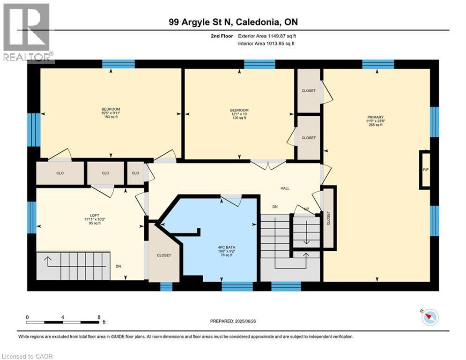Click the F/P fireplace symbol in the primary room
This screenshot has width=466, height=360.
tap(425, 170)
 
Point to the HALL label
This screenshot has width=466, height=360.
tap(285, 188)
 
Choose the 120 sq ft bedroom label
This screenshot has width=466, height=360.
tap(239, 114)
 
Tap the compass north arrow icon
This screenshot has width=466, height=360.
tap(429, 317)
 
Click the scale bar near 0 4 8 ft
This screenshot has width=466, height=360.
tap(63, 322)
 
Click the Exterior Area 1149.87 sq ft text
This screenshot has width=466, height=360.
tap(267, 36)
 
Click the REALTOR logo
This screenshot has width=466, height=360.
tap(27, 33)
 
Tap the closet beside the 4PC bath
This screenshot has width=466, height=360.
tap(164, 255)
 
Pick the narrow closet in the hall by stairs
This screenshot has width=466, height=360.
tap(328, 217)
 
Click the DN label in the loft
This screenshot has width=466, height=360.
tap(118, 266)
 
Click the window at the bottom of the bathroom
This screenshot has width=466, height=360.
tap(237, 286)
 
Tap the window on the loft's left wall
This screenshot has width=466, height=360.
tap(31, 217)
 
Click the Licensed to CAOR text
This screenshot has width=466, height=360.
tap(27, 356)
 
